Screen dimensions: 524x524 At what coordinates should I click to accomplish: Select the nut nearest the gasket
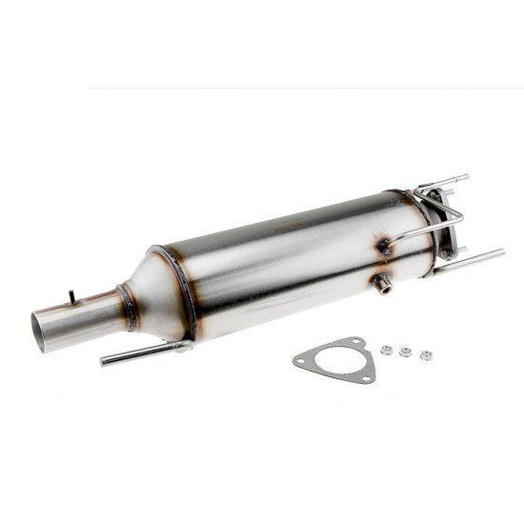tap(386, 350)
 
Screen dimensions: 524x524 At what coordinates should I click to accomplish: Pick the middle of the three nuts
tap(406, 353)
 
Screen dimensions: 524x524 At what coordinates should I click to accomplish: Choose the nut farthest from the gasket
tap(426, 355)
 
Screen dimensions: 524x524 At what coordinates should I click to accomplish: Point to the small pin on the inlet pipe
tap(71, 296)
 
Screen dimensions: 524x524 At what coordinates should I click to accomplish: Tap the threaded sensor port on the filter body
tap(383, 284)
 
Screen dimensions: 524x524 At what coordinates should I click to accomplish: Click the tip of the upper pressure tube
tap(465, 177)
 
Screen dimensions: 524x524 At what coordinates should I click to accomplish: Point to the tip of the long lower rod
tap(501, 252)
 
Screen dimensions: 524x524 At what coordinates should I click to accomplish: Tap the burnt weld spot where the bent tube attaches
tap(384, 247)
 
